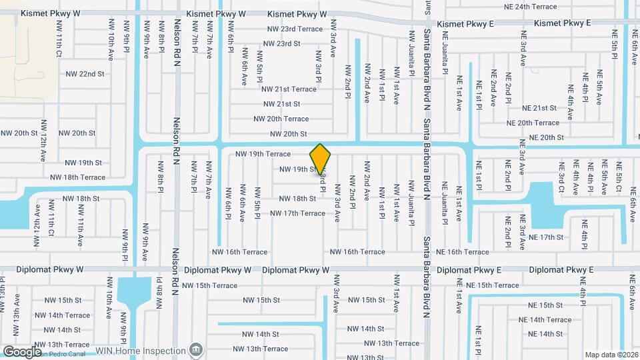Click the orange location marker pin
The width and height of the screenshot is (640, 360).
321,160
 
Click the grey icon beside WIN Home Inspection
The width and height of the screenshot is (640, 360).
195,350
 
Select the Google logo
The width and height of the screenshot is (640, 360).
23,351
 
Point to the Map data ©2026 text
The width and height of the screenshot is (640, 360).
611,355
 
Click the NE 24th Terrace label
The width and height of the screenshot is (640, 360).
531,7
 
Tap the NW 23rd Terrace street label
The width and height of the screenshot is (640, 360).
295,29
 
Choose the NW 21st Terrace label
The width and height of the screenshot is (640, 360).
289,89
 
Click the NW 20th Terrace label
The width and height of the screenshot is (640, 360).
281,119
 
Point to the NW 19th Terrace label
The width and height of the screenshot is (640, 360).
263,154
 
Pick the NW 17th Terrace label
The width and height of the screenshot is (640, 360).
297,213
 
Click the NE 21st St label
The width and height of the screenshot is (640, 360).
539,108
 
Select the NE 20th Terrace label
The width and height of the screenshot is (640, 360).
533,123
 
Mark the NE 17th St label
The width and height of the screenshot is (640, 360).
547,237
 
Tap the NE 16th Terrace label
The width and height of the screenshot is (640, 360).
463,252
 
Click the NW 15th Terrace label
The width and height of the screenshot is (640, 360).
209,285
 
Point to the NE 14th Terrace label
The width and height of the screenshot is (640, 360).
545,319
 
